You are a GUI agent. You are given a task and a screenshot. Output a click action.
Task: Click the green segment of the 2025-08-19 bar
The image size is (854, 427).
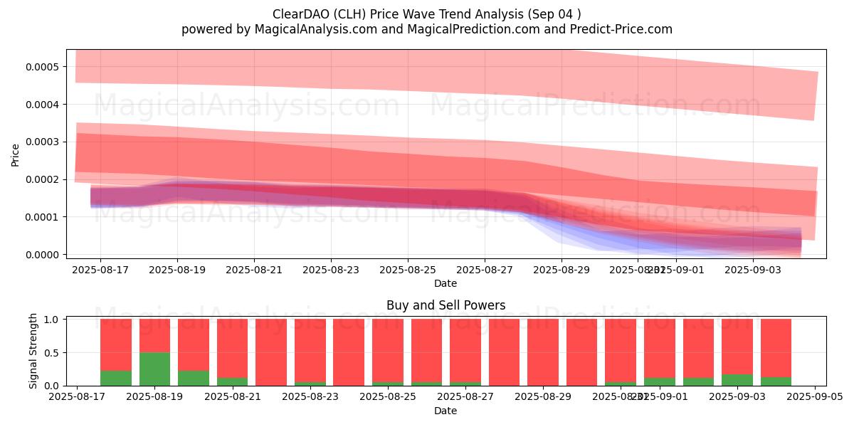(154, 369)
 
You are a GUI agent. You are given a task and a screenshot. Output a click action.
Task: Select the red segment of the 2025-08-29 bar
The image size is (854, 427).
(543, 352)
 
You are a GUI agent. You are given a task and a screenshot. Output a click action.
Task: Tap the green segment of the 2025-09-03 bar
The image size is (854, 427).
(737, 380)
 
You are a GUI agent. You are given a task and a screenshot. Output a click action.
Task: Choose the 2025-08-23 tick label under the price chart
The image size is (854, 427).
(330, 270)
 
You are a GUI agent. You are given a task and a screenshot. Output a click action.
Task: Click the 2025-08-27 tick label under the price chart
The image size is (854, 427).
(485, 270)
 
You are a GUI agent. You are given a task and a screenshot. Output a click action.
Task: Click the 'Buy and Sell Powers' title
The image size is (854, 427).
(446, 305)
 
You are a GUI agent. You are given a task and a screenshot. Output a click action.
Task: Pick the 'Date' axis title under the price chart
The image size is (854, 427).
(446, 283)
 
